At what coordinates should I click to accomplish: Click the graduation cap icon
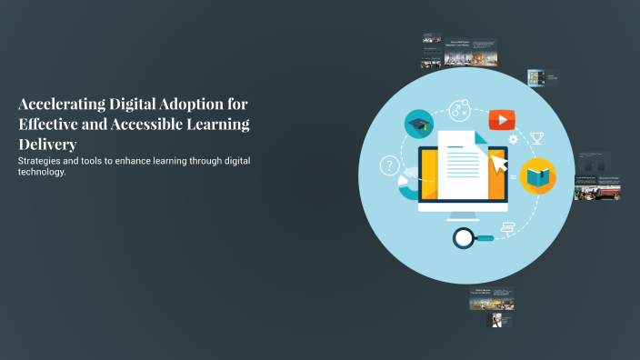tap(418, 125)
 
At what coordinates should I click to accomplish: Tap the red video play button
tap(501, 119)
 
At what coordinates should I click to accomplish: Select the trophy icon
tap(536, 138)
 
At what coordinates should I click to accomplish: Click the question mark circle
tap(390, 165)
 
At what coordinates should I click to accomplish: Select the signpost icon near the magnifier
tap(508, 228)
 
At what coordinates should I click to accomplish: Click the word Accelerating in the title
tap(62, 105)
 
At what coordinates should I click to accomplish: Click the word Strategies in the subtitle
tap(45, 161)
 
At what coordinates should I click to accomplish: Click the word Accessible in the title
tap(147, 125)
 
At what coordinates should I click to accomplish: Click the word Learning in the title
tap(218, 125)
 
